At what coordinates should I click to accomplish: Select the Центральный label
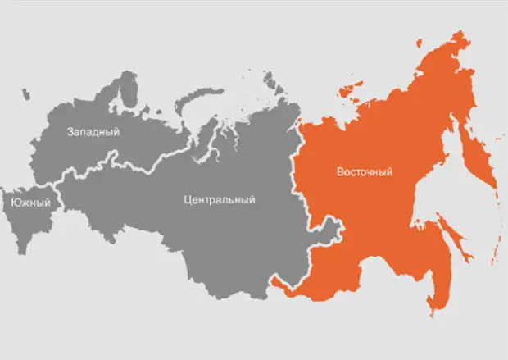click(x=220, y=199)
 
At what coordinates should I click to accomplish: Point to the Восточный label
click(x=365, y=172)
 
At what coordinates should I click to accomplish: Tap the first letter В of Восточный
click(x=340, y=172)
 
